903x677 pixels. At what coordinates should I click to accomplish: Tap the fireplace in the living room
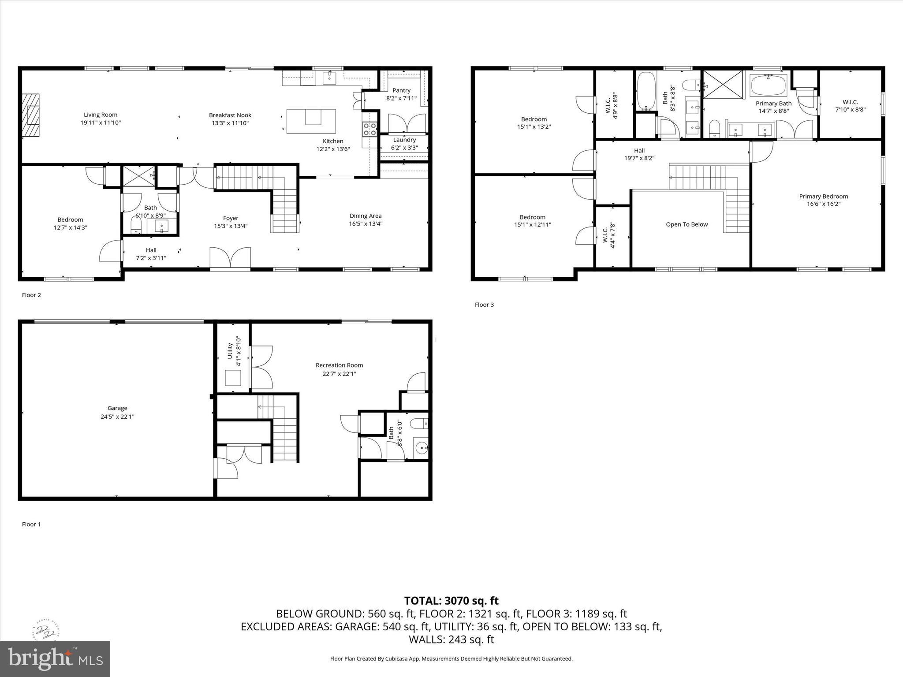coord(31,116)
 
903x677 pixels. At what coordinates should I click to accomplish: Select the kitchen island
coord(311,121)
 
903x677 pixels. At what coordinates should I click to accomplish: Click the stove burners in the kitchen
coord(369,129)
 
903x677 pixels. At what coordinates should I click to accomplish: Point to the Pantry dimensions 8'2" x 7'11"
coord(401,98)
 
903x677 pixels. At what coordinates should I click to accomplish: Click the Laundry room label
coord(404,140)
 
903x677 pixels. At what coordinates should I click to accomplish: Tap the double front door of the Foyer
coord(230,257)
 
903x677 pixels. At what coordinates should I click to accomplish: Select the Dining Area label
coord(366,216)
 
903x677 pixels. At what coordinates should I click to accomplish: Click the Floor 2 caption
coord(31,295)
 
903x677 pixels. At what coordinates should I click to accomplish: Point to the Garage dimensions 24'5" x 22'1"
coord(117,416)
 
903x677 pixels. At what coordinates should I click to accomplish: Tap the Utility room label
coord(230,351)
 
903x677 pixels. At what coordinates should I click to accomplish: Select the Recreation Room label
coord(339,365)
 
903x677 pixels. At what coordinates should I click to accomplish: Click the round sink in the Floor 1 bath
coord(422,449)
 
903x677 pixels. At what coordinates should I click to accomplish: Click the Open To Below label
coord(687,224)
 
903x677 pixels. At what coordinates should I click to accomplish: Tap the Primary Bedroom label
coord(823,196)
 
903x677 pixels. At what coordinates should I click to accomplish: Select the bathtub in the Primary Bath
coord(768,85)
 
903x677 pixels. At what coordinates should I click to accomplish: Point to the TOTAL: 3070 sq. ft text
coord(451,601)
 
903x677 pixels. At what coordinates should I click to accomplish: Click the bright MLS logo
coord(55,658)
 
